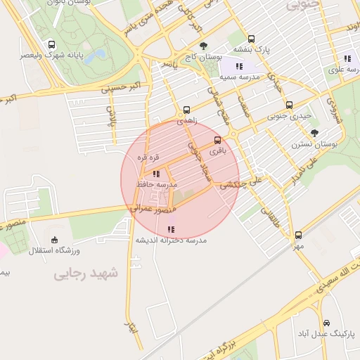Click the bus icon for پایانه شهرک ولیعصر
click(x=51, y=45)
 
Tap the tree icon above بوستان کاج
click(x=203, y=46)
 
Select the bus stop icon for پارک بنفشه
click(x=252, y=39)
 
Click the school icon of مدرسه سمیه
click(x=239, y=66)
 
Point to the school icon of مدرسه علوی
click(x=347, y=59)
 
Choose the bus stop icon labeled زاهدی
click(x=186, y=110)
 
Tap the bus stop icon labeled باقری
click(x=217, y=140)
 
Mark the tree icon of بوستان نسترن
click(x=314, y=132)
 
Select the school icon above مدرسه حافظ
click(x=155, y=173)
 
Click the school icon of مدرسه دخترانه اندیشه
click(x=170, y=229)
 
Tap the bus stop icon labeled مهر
click(x=298, y=236)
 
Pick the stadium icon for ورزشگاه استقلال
click(x=56, y=240)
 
